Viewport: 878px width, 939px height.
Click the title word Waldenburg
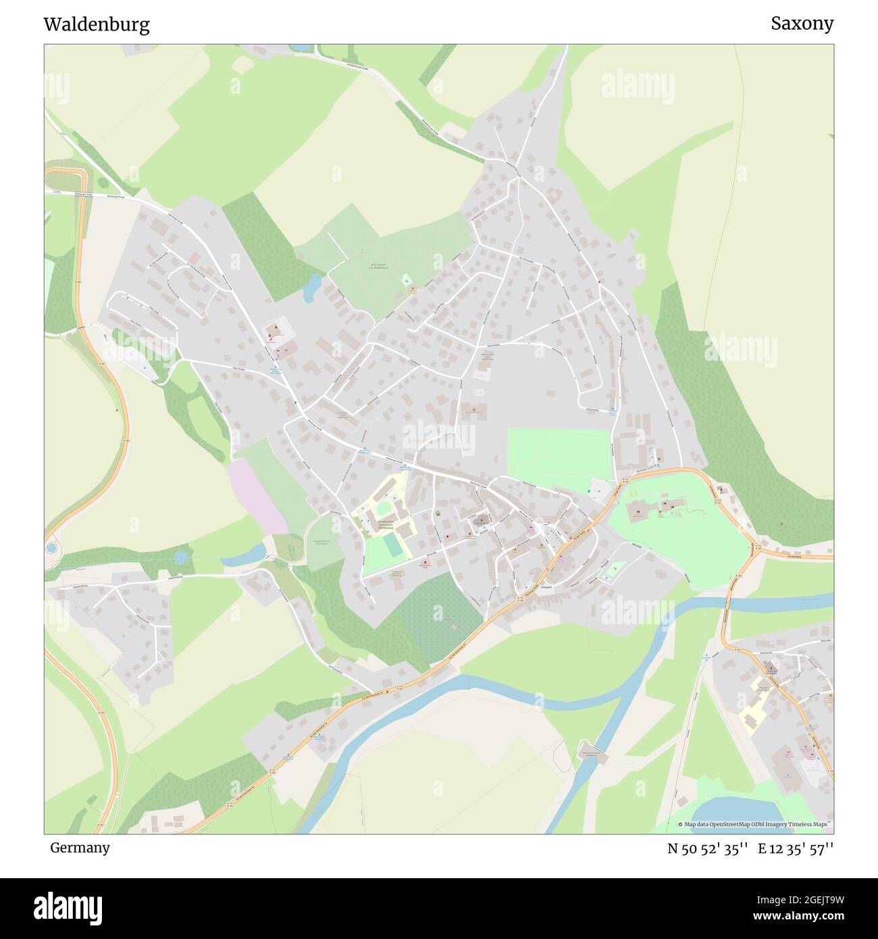(97, 25)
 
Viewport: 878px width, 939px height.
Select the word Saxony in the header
(802, 24)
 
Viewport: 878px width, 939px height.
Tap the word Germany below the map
(80, 847)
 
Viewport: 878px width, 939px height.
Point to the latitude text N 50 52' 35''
(707, 848)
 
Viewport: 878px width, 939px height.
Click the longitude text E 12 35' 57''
(796, 848)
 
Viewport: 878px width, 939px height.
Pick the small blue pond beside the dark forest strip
(311, 287)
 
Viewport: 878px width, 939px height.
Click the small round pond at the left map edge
(51, 548)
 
